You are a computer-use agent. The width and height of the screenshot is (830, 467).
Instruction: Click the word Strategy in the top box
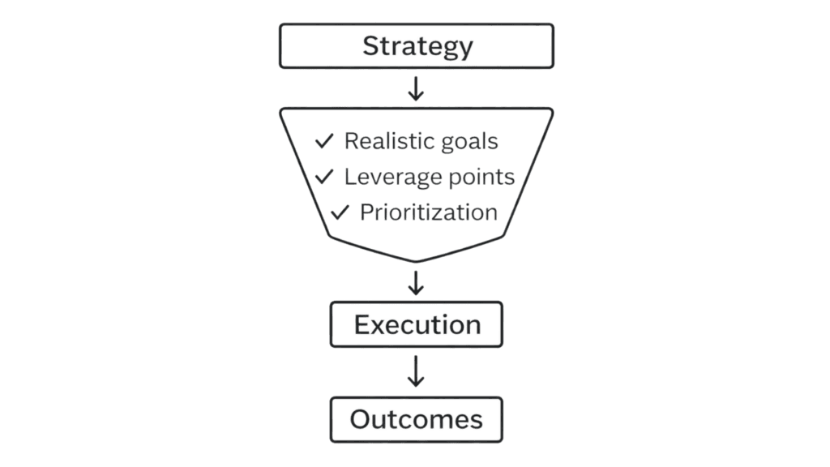coord(417,45)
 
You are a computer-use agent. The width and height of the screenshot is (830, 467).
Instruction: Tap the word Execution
coord(417,325)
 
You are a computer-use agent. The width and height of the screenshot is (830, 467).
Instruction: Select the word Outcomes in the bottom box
coord(417,419)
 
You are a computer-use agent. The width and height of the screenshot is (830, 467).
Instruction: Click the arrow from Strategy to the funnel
coord(416,88)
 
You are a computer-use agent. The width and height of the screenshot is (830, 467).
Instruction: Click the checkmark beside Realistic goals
coord(324,141)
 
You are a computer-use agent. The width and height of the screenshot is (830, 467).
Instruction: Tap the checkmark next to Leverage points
coord(324,176)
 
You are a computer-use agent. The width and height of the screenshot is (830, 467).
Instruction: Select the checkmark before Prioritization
coord(340,212)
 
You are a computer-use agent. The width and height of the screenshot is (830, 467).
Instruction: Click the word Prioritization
coord(429,212)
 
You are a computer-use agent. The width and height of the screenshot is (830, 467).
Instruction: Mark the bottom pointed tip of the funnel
coord(416,261)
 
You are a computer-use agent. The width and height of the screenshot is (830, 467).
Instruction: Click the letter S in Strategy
coord(370,45)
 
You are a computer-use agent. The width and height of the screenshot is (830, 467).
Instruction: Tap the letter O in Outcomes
coord(360,419)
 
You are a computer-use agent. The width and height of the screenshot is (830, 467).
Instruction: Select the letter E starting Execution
coord(362,325)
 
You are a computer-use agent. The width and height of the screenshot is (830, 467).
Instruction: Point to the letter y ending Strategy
coord(465,49)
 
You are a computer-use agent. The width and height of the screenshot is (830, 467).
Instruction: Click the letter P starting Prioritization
coord(366,212)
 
